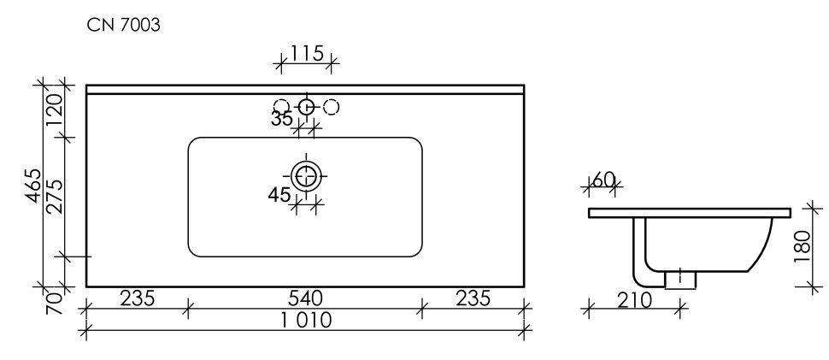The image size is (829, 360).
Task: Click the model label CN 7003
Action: pyautogui.click(x=124, y=26)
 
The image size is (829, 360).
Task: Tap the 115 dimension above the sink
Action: pyautogui.click(x=306, y=54)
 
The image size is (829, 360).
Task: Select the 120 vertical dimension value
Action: pyautogui.click(x=54, y=109)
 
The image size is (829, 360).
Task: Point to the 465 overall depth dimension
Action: pyautogui.click(x=32, y=186)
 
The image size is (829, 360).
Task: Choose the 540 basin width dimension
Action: pyautogui.click(x=304, y=298)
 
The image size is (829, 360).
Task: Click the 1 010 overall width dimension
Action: pyautogui.click(x=305, y=322)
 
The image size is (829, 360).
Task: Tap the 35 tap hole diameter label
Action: pyautogui.click(x=282, y=119)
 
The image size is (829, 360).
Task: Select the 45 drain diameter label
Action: pyautogui.click(x=279, y=195)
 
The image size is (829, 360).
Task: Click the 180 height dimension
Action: pyautogui.click(x=800, y=246)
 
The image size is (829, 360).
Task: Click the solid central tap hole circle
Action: pyautogui.click(x=306, y=107)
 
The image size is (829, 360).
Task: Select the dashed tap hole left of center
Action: pyautogui.click(x=284, y=107)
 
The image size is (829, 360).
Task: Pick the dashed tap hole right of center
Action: pyautogui.click(x=332, y=107)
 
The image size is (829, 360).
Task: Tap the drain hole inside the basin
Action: pyautogui.click(x=306, y=176)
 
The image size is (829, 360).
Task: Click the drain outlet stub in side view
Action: pyautogui.click(x=679, y=279)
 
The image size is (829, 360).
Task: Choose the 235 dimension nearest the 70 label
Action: pyautogui.click(x=136, y=298)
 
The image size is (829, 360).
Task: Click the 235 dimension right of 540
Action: pyautogui.click(x=473, y=298)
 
